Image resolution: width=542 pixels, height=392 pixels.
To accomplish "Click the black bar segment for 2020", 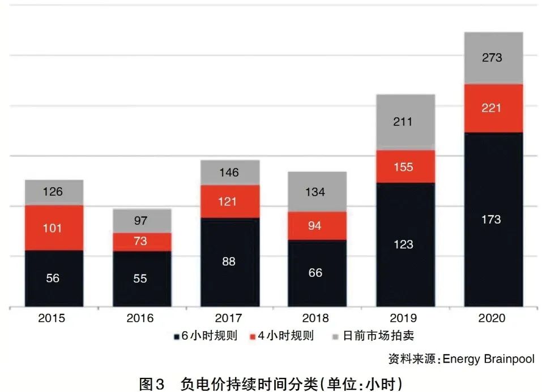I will click(x=493, y=220).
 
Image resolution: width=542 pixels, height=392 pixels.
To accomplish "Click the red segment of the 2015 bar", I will click(x=54, y=228).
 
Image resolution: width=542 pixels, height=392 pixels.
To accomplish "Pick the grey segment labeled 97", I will click(x=142, y=221).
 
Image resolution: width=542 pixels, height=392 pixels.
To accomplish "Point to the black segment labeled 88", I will click(x=229, y=262).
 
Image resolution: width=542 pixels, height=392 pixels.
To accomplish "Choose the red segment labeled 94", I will click(x=317, y=226).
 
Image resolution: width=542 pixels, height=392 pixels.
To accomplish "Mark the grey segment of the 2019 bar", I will click(x=405, y=122).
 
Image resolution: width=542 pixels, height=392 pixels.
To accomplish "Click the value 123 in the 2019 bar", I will click(x=404, y=245).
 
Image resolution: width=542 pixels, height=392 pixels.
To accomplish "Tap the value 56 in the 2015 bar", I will click(x=53, y=279).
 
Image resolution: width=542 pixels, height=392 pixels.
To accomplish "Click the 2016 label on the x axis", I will click(x=140, y=318).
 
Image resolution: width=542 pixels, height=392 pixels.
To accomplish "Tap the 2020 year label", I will click(x=492, y=318).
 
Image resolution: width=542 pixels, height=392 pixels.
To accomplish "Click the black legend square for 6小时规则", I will click(x=176, y=336).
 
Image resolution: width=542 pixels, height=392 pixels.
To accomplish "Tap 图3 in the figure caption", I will click(x=151, y=383).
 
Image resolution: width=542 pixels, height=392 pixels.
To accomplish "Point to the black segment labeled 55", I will click(x=141, y=279).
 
